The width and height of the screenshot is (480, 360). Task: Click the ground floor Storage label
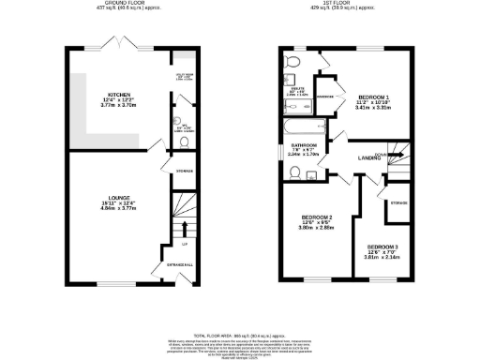tap(184, 170)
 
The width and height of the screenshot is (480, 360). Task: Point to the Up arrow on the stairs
tap(185, 227)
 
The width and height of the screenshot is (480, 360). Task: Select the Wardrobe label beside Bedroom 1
tap(327, 97)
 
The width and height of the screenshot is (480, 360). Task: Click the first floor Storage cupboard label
tap(398, 202)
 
